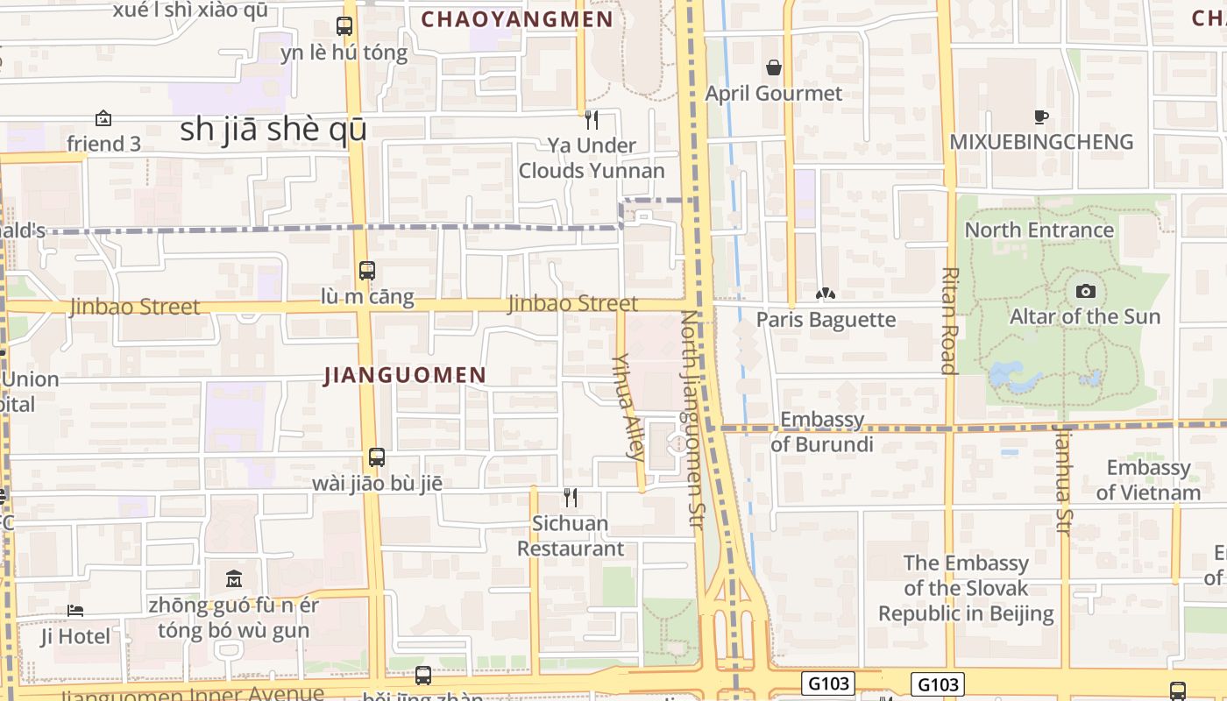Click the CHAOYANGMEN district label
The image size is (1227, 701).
[517, 19]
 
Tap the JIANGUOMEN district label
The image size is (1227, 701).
[405, 376]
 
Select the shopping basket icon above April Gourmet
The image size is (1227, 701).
[774, 67]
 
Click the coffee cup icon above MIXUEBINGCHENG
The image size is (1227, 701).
[1040, 117]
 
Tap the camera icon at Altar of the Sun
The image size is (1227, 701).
[1085, 291]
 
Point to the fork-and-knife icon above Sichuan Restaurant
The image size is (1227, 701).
[571, 498]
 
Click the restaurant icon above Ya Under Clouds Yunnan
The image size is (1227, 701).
[592, 119]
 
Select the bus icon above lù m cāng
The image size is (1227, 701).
[367, 271]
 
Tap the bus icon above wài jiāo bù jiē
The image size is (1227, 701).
[377, 457]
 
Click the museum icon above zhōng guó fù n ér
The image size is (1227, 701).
[234, 579]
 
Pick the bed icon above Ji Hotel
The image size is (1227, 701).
[75, 611]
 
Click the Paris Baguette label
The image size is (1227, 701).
[826, 320]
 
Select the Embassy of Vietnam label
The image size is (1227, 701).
[1148, 479]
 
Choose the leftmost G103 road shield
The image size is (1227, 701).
[827, 683]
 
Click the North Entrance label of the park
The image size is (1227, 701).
[1039, 230]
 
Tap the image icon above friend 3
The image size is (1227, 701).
[103, 118]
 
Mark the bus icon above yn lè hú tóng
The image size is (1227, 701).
[344, 26]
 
